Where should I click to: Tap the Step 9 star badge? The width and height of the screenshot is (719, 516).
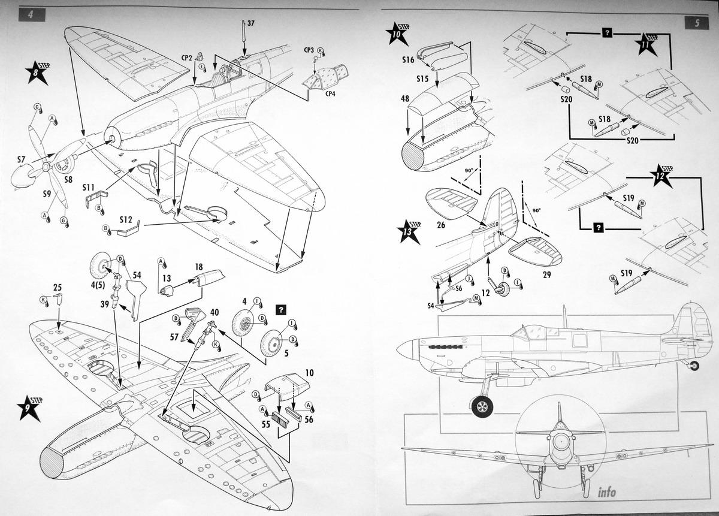tap(29, 408)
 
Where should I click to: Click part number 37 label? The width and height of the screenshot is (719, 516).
tap(250, 23)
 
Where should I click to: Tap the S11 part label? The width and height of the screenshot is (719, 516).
tap(89, 188)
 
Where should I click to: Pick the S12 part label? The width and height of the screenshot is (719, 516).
tap(125, 219)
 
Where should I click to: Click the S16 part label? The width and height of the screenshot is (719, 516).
tap(407, 60)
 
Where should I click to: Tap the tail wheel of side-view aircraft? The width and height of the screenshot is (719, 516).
tap(694, 365)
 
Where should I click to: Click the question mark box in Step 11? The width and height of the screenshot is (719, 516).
tap(607, 34)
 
